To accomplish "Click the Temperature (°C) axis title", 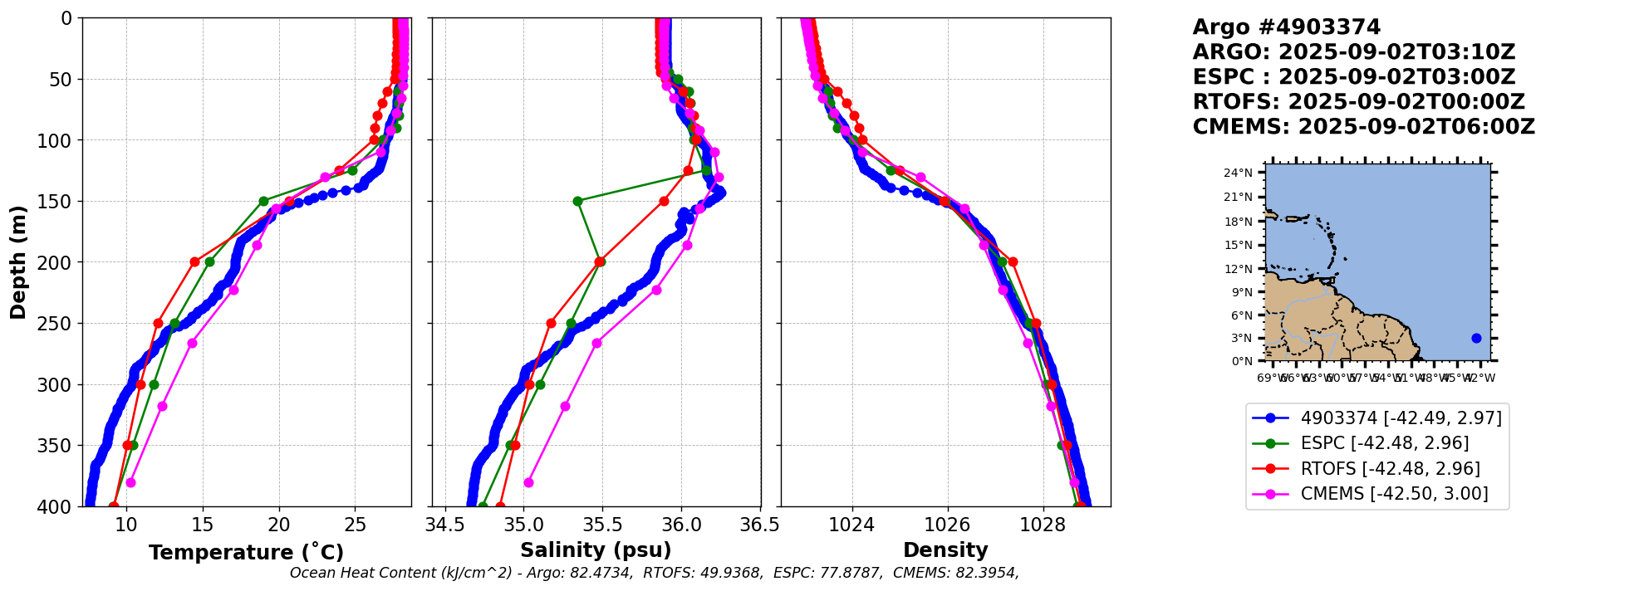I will [246, 553].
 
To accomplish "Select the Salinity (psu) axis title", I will [596, 550].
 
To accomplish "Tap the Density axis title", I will [945, 550].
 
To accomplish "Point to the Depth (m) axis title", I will [18, 262].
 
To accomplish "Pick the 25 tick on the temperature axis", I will [356, 525].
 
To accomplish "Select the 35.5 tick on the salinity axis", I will [602, 525].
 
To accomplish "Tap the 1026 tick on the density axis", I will [947, 525].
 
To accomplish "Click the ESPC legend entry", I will [1384, 443].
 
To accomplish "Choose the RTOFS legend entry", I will [1390, 469].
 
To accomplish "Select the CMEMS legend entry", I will [1394, 494].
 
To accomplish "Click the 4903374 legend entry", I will [1401, 418].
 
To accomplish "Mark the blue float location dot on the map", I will [1476, 338].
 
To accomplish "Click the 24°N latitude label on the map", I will [1238, 173].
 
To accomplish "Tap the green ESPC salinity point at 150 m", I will [577, 201].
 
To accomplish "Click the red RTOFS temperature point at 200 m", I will [194, 261].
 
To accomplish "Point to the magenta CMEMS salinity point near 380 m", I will [528, 482].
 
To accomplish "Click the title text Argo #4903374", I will [1286, 27].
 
